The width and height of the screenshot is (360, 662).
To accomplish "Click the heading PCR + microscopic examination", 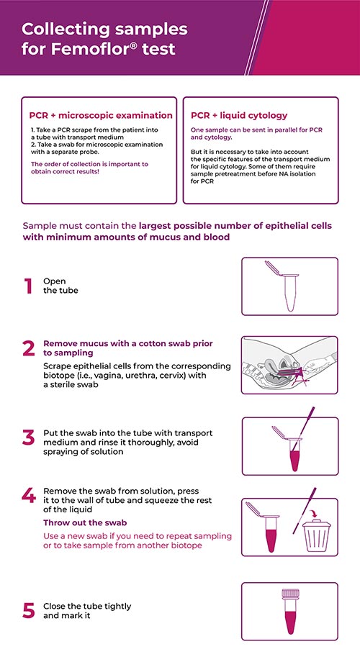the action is pos(101,115).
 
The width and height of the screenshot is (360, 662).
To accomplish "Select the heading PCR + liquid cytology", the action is pos(239,115).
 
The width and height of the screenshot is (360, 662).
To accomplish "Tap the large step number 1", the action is pos(28,286).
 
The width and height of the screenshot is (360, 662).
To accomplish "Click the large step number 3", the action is pos(28,437).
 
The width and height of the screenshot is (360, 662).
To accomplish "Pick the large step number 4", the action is pos(29,496).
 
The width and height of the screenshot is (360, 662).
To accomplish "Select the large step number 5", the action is pos(28,611).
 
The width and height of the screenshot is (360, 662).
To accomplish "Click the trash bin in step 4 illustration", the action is pos(317,537).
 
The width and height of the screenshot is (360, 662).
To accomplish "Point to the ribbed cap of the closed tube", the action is pos(290,594).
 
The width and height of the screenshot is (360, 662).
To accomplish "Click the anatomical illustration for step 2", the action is pos(290,366).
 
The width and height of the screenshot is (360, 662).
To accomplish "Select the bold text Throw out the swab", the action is pos(86,522).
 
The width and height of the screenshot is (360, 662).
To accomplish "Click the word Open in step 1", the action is pos(55,281).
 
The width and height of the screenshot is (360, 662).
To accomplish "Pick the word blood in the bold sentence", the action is pos(218,237).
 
